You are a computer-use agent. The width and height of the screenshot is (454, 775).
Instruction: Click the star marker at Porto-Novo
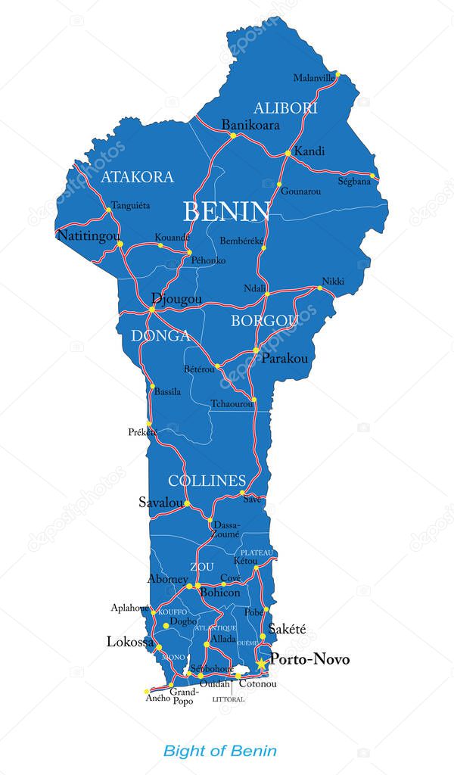pos(261,664)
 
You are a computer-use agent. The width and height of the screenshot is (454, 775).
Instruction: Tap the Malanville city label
pos(314,78)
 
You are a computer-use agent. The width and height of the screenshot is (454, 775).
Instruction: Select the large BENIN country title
pos(226,211)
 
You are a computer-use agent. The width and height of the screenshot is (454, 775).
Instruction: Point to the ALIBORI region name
pos(285,107)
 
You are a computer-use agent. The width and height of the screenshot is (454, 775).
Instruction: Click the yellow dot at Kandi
pos(288,153)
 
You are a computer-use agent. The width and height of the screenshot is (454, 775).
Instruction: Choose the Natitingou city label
pos(89,236)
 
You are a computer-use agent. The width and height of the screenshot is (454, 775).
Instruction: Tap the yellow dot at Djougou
pos(152,310)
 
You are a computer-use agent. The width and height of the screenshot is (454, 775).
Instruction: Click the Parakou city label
pos(285,359)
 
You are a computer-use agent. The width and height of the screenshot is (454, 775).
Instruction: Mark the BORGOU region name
pos(264,321)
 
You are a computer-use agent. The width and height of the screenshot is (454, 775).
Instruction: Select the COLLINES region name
pos(207,481)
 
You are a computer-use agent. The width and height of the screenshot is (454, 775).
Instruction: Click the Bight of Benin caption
pos(220,751)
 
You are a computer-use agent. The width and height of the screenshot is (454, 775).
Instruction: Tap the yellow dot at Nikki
pos(319,288)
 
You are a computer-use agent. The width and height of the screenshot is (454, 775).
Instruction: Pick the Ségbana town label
pos(354,182)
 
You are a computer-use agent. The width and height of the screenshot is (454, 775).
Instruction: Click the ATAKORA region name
pos(137,177)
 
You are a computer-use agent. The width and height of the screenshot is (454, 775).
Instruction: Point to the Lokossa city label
pos(130,642)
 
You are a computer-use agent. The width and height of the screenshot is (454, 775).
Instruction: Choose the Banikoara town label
pos(250,125)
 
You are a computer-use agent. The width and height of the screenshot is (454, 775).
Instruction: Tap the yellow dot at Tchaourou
pos(254,400)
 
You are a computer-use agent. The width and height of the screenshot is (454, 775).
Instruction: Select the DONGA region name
pos(160,335)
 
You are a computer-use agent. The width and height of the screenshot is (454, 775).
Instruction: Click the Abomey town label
pos(168,580)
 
